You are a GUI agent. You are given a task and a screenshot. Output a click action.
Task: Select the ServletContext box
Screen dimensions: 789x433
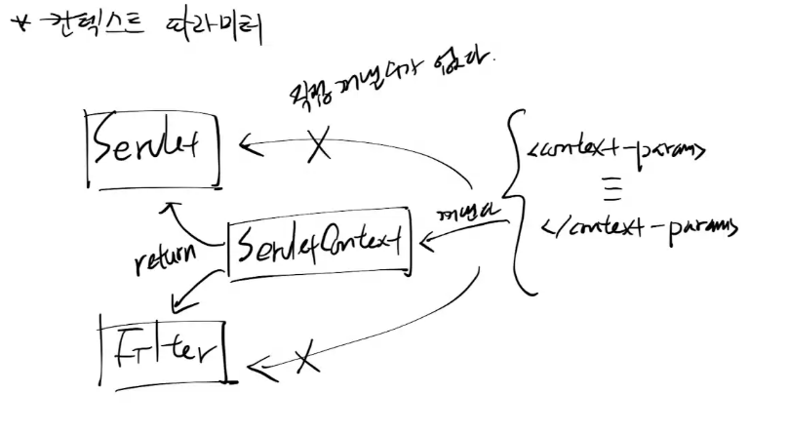pyautogui.click(x=318, y=247)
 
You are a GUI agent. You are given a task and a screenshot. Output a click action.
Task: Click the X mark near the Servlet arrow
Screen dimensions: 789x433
pyautogui.click(x=319, y=147)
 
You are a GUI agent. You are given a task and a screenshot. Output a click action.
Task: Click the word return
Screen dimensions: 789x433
pyautogui.click(x=166, y=257)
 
